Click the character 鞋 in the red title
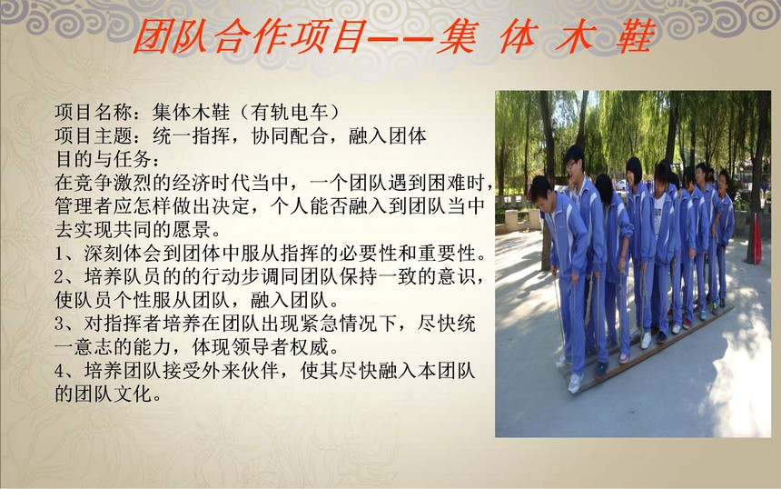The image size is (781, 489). [x=635, y=37]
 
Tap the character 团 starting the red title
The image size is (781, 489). [x=152, y=37]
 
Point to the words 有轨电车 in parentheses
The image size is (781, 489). [x=290, y=112]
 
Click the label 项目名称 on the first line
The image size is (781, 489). [x=94, y=112]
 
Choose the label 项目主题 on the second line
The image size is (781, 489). [x=94, y=135]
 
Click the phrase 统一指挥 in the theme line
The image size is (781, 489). [x=192, y=135]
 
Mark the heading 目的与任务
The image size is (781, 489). [x=104, y=159]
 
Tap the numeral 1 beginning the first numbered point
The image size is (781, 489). [x=60, y=254]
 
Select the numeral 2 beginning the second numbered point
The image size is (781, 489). [x=60, y=277]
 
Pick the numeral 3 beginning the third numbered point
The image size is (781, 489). [x=60, y=324]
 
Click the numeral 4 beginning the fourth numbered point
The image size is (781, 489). [x=60, y=372]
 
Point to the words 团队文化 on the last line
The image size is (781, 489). [x=114, y=394]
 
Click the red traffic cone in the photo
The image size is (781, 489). [x=757, y=238]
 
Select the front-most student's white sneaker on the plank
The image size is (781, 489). [x=575, y=384]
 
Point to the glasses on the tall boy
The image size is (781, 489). [x=571, y=165]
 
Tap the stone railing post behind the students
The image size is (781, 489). [x=512, y=220]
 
